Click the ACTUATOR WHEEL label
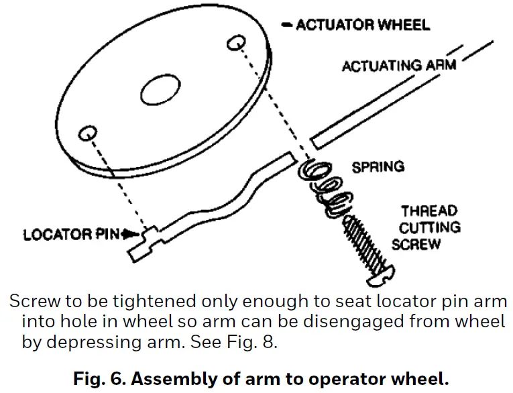pyautogui.click(x=362, y=25)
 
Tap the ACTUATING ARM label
pyautogui.click(x=398, y=66)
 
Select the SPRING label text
pyautogui.click(x=378, y=166)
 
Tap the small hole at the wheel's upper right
pyautogui.click(x=235, y=43)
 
